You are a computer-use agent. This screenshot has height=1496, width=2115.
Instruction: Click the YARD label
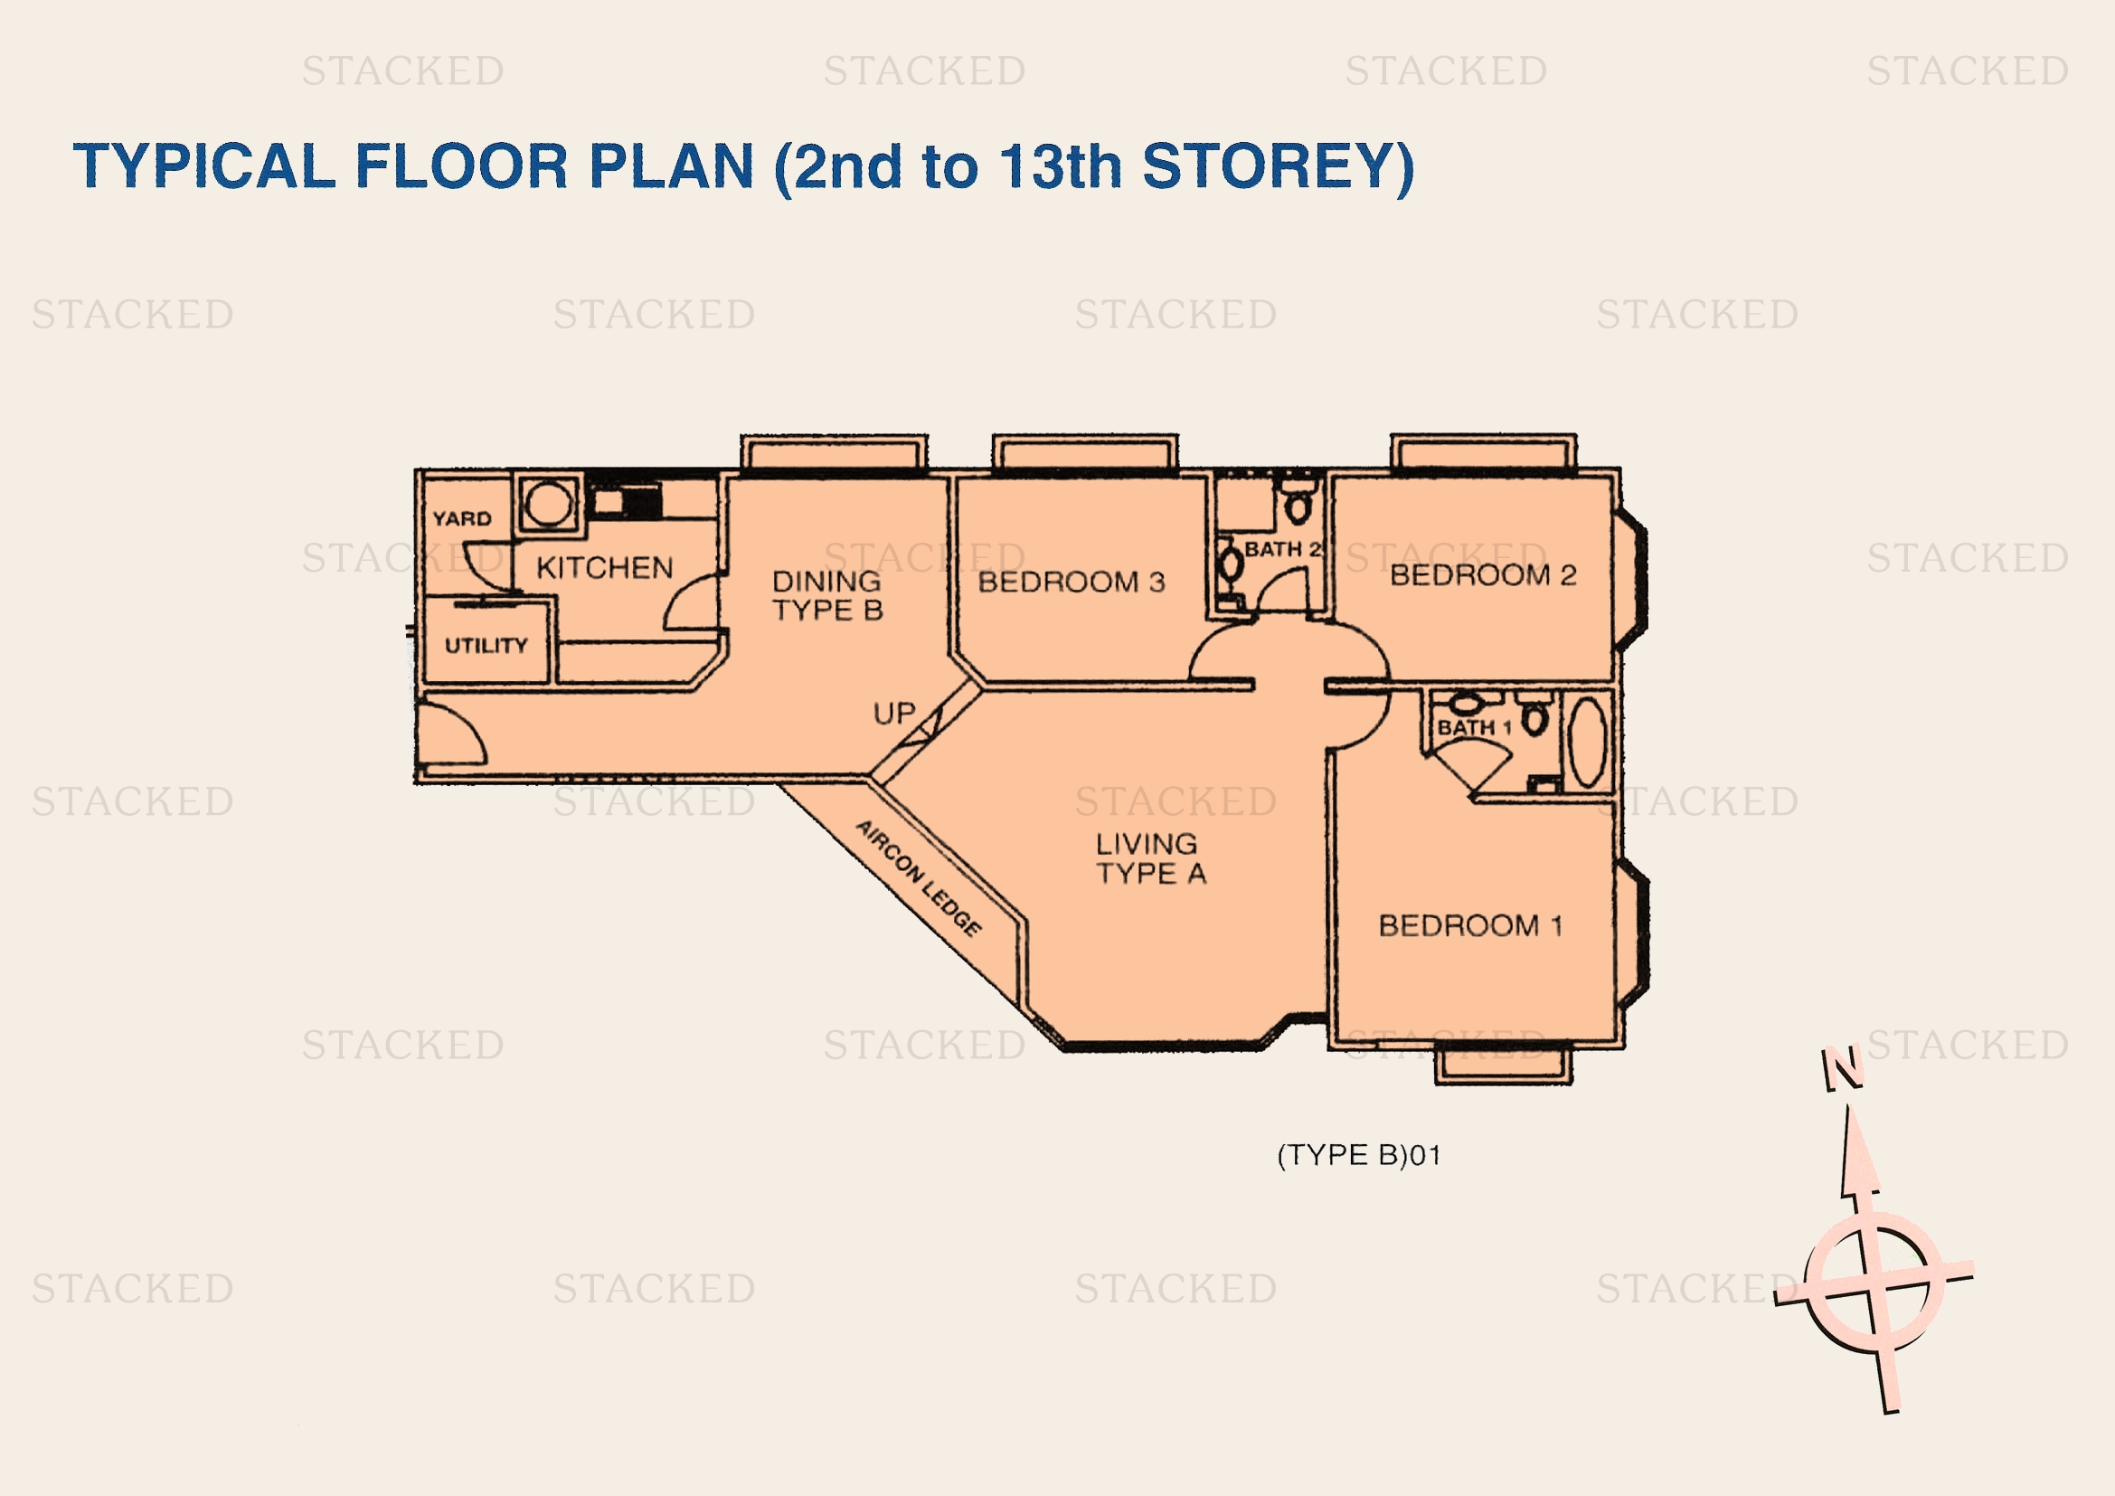[461, 517]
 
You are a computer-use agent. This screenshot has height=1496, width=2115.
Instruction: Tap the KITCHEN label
[604, 567]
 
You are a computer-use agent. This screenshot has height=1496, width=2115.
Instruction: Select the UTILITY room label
[486, 645]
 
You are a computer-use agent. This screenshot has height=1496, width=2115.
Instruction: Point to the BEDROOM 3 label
[1072, 582]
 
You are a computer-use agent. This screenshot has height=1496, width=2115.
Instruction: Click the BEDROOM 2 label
[1483, 575]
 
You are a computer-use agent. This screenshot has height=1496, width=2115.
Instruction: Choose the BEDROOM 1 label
[1470, 925]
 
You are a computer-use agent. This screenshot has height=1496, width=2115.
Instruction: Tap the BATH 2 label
[1282, 549]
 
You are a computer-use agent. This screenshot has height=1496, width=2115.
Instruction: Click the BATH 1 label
[1475, 727]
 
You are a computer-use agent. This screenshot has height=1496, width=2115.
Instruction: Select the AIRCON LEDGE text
[919, 878]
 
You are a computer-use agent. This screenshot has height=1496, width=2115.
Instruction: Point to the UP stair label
[893, 713]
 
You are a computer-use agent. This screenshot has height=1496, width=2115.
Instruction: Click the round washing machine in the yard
[549, 504]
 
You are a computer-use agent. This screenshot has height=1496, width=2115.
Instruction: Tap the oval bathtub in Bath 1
[1587, 743]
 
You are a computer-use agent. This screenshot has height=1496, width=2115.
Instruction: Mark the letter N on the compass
[1842, 1068]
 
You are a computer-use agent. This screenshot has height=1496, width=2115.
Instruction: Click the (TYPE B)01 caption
[1359, 1155]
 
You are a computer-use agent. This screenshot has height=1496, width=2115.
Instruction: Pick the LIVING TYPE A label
[1149, 857]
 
